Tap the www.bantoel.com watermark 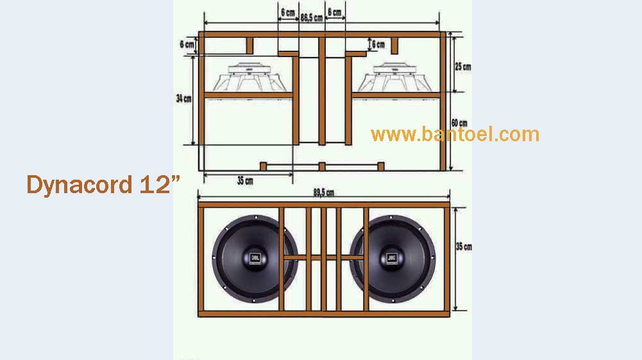[x=455, y=134]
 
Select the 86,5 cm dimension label [x=311, y=19]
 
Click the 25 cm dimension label [x=462, y=66]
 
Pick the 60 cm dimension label [x=459, y=123]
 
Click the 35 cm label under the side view [x=244, y=181]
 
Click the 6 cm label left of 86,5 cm [x=288, y=12]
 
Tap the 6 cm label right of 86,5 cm [x=334, y=12]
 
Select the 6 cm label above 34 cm [x=186, y=44]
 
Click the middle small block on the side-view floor [x=322, y=167]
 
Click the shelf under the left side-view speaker [x=248, y=96]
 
